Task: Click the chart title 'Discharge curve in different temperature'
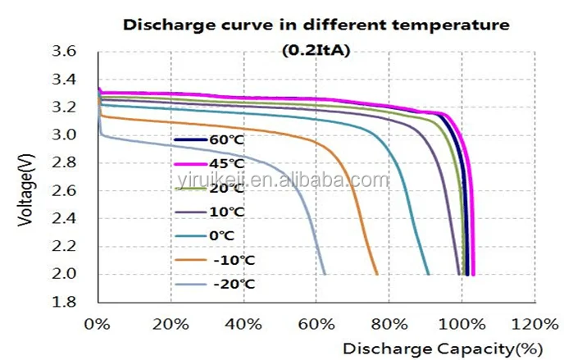[x=316, y=25]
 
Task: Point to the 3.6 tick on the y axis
[x=65, y=52]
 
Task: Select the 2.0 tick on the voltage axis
[x=65, y=274]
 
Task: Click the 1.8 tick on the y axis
[x=65, y=302]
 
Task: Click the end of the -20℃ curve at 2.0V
[x=325, y=274]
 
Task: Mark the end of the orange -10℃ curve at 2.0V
[x=376, y=274]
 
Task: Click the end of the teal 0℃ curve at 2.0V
[x=428, y=274]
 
